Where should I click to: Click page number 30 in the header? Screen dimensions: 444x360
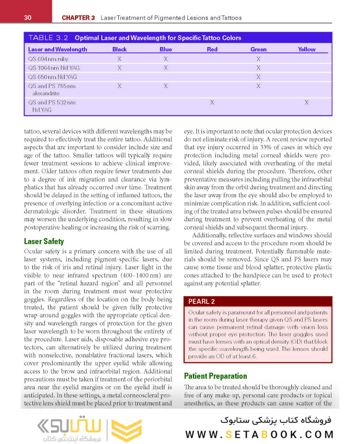(x=28, y=18)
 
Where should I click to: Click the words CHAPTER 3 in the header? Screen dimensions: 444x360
(x=78, y=18)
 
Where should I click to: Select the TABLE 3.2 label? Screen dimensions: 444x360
(x=48, y=38)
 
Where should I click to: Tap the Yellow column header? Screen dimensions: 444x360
(x=307, y=49)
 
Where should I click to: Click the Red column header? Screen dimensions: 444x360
(x=212, y=49)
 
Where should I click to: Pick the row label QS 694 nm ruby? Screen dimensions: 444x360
(x=48, y=59)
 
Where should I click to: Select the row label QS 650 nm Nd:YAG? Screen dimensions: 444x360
(x=53, y=77)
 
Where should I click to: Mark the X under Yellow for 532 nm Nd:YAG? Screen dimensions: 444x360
(x=307, y=102)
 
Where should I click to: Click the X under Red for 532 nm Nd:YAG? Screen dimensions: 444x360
(x=212, y=102)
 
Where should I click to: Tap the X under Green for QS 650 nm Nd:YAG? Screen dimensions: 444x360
(x=258, y=77)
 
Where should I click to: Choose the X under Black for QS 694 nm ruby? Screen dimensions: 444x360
(x=119, y=59)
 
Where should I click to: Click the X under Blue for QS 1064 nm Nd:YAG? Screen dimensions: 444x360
(x=166, y=68)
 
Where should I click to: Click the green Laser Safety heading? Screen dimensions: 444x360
(x=44, y=241)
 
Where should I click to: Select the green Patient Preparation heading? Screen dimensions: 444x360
(x=215, y=376)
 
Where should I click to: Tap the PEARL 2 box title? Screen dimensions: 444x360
(x=201, y=301)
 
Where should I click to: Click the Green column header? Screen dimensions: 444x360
(x=258, y=49)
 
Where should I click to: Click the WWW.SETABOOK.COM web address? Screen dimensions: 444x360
(x=259, y=435)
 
